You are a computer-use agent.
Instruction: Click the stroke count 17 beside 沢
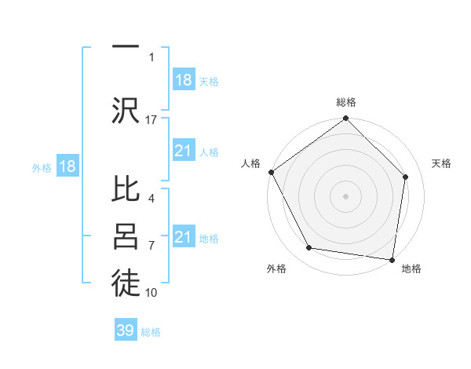[152, 119]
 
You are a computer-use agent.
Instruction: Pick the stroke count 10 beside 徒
[152, 293]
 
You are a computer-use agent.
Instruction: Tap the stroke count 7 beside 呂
[152, 246]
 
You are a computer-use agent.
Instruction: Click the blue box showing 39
[126, 331]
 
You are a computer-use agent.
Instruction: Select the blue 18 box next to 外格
[68, 167]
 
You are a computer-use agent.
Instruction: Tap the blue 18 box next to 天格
[184, 80]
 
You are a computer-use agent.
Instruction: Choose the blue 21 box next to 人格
[184, 151]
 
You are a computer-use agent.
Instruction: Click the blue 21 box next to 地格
[184, 237]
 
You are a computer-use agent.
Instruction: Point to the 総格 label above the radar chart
[346, 102]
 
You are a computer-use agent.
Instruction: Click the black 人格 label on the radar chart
[250, 163]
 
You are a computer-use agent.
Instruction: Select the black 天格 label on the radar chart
[441, 163]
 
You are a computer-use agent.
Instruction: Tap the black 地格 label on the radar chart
[411, 269]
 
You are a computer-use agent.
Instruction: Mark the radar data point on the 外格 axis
[309, 248]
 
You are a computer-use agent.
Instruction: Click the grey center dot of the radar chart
[345, 195]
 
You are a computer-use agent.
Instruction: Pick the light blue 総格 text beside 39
[151, 332]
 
